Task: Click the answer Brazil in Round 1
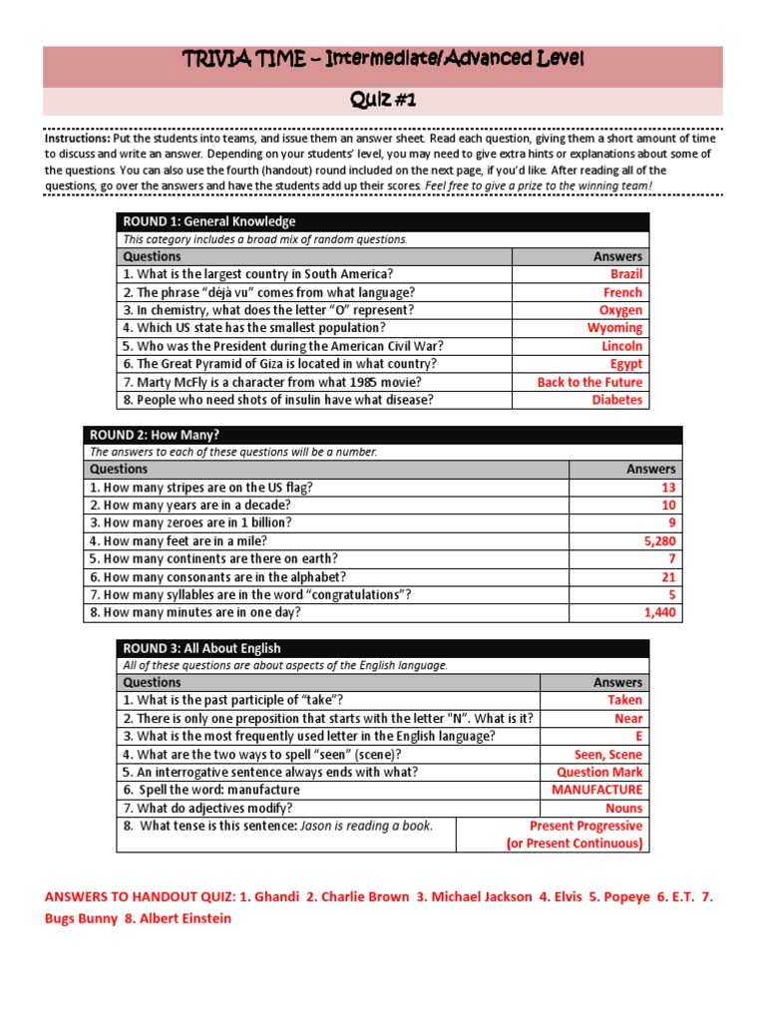(626, 274)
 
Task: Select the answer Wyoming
(614, 328)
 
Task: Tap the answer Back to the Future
(589, 382)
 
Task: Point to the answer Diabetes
(616, 400)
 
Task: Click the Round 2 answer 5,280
(658, 541)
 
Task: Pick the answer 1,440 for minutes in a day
(659, 613)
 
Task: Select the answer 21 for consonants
(668, 577)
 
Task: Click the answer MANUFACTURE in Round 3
(596, 790)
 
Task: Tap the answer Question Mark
(598, 772)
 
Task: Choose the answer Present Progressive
(585, 826)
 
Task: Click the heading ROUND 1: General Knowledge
(208, 221)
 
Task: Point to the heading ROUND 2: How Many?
(154, 435)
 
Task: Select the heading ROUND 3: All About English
(201, 648)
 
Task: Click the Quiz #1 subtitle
(382, 101)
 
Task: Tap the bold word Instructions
(78, 139)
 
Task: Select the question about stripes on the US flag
(201, 488)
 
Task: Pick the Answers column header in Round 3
(617, 683)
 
